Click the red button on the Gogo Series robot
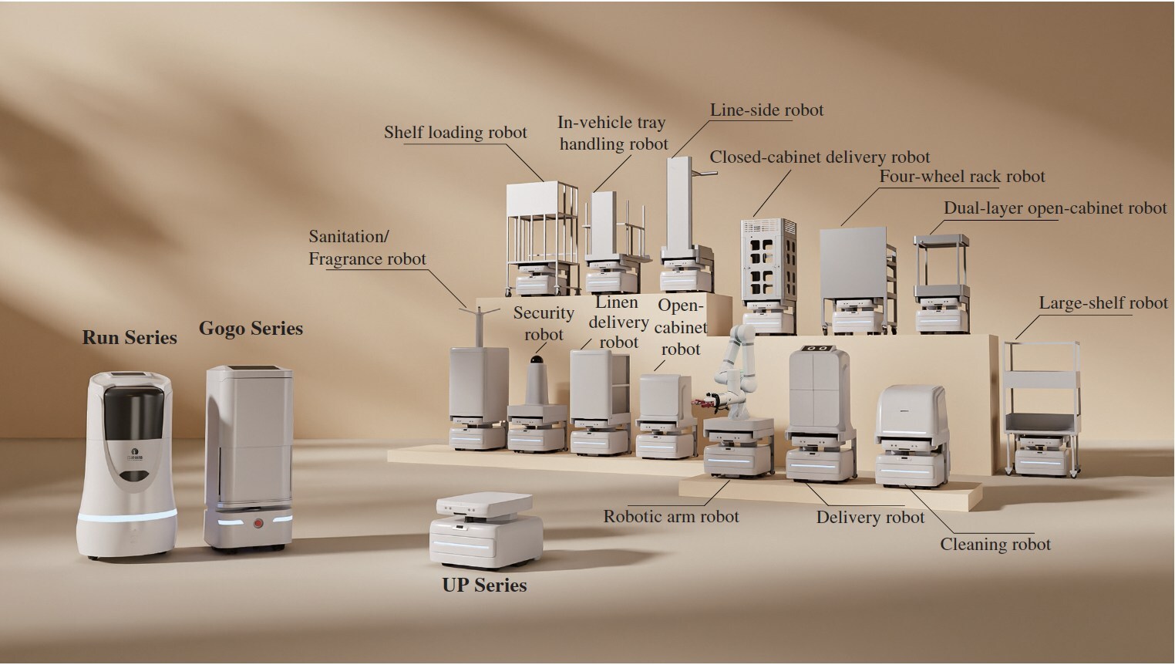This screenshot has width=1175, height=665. click(258, 524)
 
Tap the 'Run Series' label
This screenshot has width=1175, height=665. click(130, 337)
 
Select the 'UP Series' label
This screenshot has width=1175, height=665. click(484, 585)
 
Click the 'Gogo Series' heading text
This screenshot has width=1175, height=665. click(251, 328)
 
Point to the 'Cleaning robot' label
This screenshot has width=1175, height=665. click(995, 544)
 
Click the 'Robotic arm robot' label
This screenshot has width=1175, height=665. click(671, 516)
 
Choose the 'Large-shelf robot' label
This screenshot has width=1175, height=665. click(1103, 303)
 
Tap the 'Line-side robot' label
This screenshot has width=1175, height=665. click(766, 110)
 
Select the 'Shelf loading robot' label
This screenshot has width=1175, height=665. click(455, 132)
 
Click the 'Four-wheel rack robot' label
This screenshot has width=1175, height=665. click(962, 176)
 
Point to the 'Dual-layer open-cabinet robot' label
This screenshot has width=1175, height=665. click(1055, 208)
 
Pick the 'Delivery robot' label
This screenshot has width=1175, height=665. click(870, 518)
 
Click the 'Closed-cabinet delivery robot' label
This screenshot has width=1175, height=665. click(820, 157)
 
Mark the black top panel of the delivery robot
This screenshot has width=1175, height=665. click(818, 349)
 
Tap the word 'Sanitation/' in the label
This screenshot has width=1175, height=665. click(345, 236)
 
